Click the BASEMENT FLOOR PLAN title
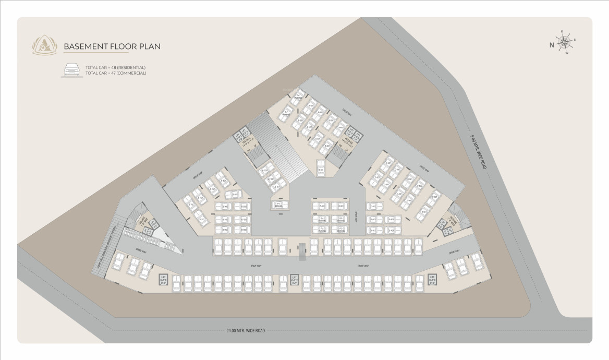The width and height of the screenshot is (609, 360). click(112, 46)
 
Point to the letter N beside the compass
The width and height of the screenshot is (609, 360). click(552, 45)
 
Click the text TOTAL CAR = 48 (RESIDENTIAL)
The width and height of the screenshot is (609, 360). click(115, 67)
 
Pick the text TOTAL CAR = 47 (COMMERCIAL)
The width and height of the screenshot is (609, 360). click(116, 73)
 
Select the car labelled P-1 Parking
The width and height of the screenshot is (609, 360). click(278, 205)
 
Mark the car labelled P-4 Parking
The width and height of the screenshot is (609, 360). click(322, 220)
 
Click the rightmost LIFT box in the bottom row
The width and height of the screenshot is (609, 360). click(432, 280)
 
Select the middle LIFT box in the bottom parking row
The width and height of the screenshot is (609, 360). click(294, 280)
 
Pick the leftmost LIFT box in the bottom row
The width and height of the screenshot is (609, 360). click(163, 280)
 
